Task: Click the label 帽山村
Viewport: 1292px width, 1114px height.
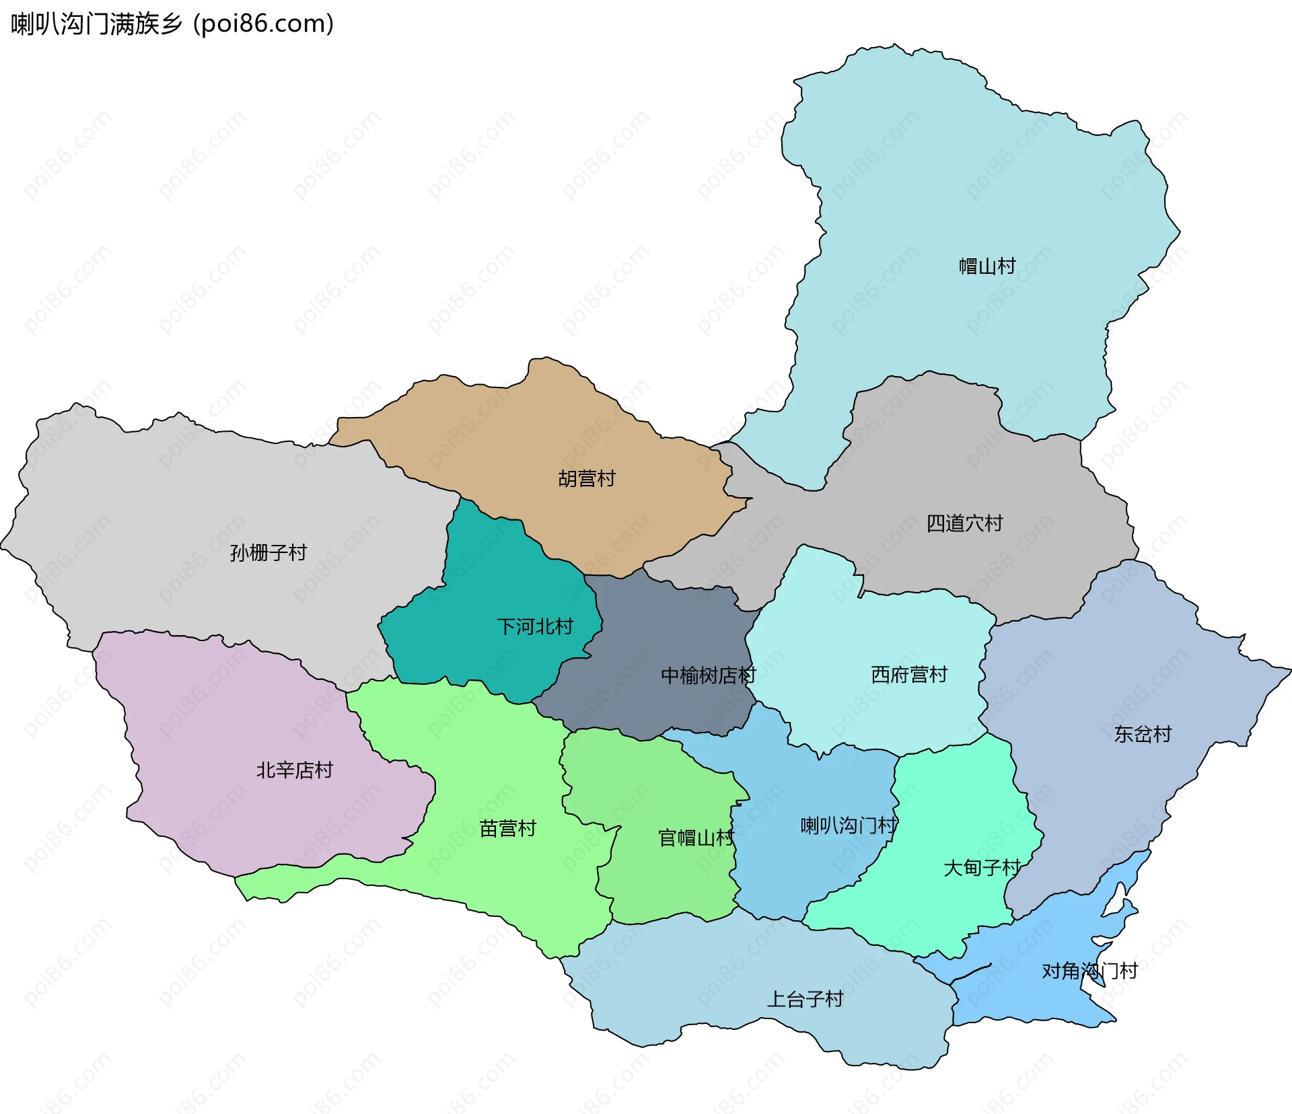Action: pyautogui.click(x=987, y=266)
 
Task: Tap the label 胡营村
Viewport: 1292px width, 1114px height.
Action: pyautogui.click(x=587, y=479)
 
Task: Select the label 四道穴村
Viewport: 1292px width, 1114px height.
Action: pyautogui.click(x=964, y=523)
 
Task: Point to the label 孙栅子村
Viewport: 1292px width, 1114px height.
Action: pyautogui.click(x=268, y=553)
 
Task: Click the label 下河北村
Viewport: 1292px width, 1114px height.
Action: pyautogui.click(x=535, y=627)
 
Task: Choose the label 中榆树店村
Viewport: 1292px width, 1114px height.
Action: pyautogui.click(x=708, y=675)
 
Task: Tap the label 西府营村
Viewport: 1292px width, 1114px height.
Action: pyautogui.click(x=909, y=675)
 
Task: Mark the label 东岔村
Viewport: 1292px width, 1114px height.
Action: pyautogui.click(x=1143, y=734)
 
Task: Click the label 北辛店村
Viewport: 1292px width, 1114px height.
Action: pyautogui.click(x=295, y=770)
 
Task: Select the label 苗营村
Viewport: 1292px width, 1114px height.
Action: pyautogui.click(x=508, y=829)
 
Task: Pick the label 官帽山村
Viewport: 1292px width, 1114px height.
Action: pyautogui.click(x=696, y=838)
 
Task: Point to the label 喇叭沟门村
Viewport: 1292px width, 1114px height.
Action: pyautogui.click(x=848, y=825)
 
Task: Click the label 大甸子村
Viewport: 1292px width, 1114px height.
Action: pyautogui.click(x=982, y=868)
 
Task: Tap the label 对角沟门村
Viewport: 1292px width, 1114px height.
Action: pyautogui.click(x=1089, y=971)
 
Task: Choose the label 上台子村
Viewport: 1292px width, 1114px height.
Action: pyautogui.click(x=805, y=1000)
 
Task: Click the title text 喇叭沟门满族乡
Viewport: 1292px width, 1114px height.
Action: pyautogui.click(x=96, y=24)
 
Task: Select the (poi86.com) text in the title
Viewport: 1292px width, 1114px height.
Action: pyautogui.click(x=263, y=24)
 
